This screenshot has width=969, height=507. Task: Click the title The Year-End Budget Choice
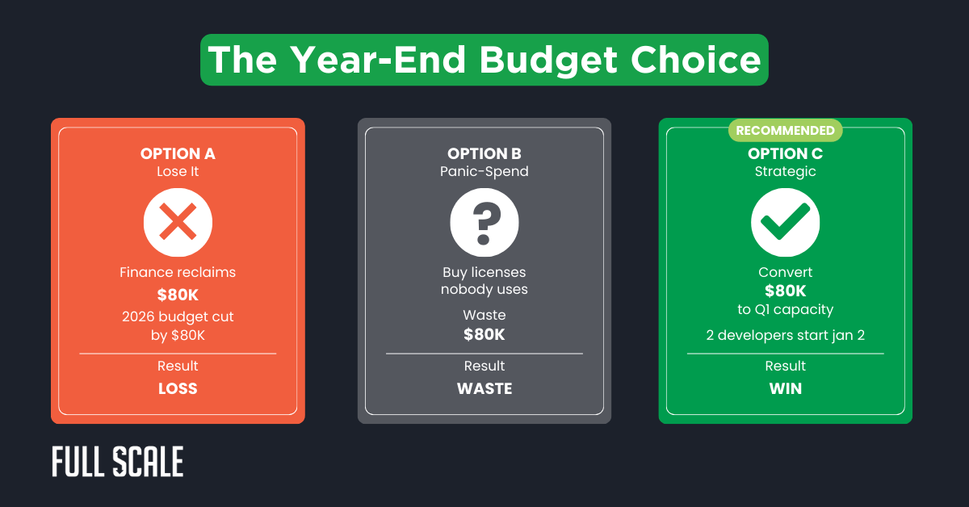pyautogui.click(x=484, y=60)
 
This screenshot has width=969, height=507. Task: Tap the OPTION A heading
pyautogui.click(x=178, y=153)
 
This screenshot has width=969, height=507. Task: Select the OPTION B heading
pyautogui.click(x=484, y=153)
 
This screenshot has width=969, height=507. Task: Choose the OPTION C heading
pyautogui.click(x=785, y=153)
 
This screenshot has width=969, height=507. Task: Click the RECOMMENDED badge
pyautogui.click(x=785, y=130)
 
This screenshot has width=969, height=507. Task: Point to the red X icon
pyautogui.click(x=178, y=222)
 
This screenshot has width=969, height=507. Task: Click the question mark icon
pyautogui.click(x=484, y=222)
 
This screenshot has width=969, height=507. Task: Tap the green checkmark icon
pyautogui.click(x=785, y=222)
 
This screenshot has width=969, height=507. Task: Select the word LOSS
pyautogui.click(x=178, y=388)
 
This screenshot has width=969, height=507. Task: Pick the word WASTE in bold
pyautogui.click(x=484, y=388)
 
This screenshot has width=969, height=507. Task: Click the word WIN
pyautogui.click(x=785, y=388)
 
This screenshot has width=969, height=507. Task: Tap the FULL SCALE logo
pyautogui.click(x=118, y=461)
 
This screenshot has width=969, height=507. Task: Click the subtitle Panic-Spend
pyautogui.click(x=484, y=171)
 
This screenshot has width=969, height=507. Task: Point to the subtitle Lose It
pyautogui.click(x=178, y=171)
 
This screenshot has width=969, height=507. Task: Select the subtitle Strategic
pyautogui.click(x=785, y=171)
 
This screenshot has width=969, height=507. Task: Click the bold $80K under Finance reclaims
pyautogui.click(x=178, y=295)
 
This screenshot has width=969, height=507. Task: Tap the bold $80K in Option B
pyautogui.click(x=484, y=333)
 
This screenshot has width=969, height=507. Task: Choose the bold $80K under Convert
pyautogui.click(x=785, y=291)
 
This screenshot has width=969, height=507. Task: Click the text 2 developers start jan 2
pyautogui.click(x=785, y=334)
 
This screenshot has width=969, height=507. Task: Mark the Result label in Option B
pyautogui.click(x=484, y=366)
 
